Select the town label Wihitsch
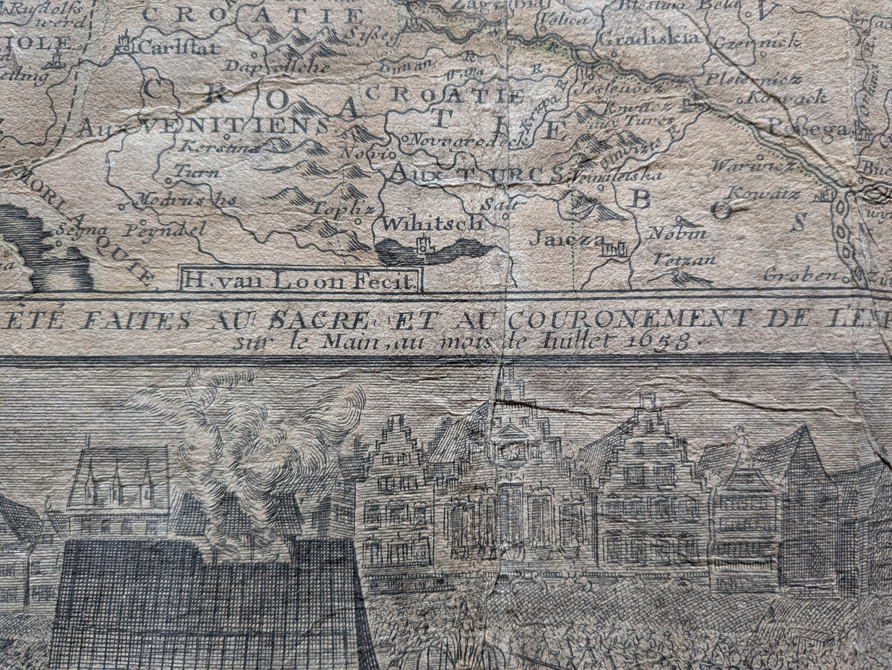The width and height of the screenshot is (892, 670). [x=431, y=223]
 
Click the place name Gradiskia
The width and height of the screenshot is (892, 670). [x=649, y=38]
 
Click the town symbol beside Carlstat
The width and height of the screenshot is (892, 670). [x=126, y=43]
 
